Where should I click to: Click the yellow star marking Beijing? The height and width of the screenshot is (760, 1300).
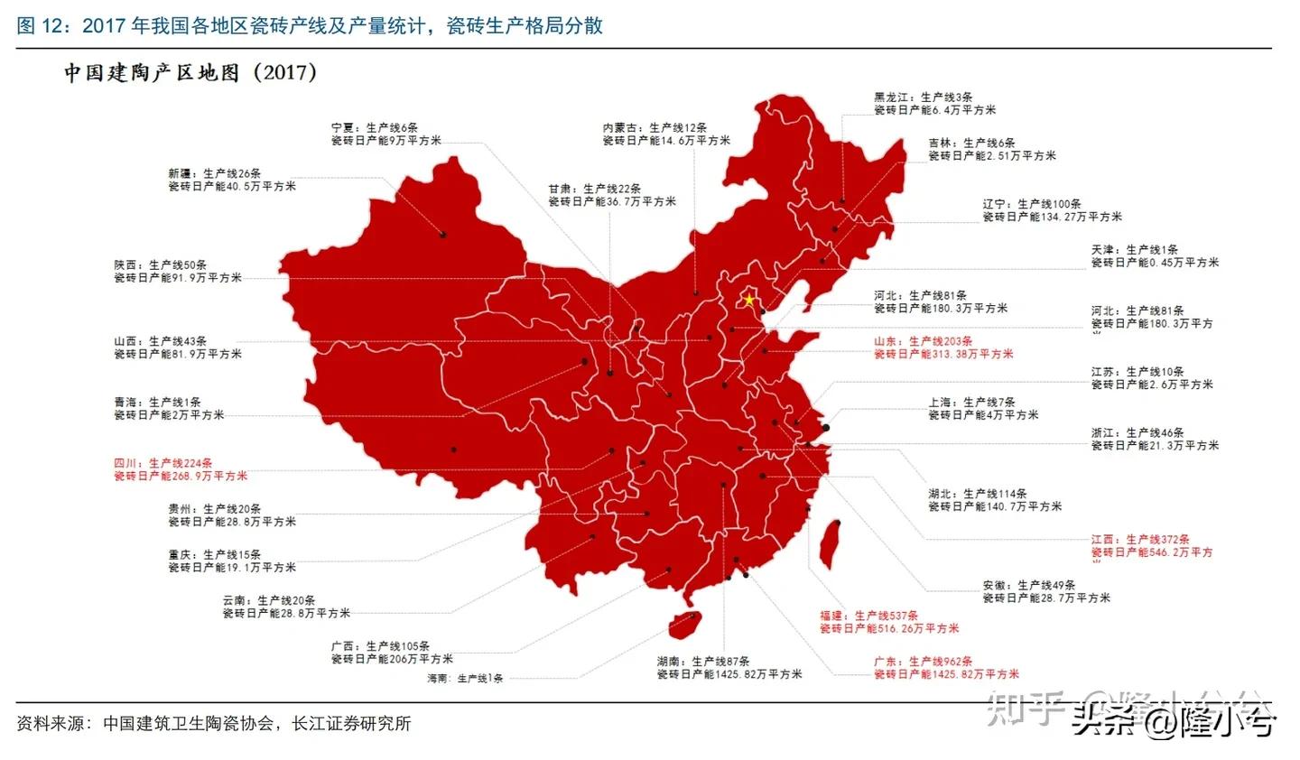[x=748, y=300]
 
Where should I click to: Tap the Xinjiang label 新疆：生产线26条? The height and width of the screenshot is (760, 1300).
[x=215, y=173]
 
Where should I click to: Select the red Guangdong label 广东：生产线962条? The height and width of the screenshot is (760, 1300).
[x=923, y=662]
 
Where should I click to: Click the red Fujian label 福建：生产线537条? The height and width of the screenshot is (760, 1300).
[x=868, y=616]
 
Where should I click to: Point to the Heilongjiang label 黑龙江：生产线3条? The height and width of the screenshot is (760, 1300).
[x=923, y=97]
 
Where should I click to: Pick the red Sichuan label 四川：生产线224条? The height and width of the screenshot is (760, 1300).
[x=162, y=463]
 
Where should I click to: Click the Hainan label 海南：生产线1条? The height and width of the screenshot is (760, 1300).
[x=465, y=678]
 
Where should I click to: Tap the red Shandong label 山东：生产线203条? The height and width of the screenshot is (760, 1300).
[x=923, y=341]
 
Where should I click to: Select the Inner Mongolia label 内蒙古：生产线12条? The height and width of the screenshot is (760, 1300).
[x=655, y=127]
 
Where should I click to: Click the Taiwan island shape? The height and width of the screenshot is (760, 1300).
[x=829, y=543]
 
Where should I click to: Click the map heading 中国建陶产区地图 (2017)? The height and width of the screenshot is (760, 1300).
[x=190, y=73]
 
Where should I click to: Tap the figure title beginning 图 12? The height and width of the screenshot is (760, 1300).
[x=310, y=25]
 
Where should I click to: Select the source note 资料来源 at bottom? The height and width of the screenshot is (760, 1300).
[x=214, y=723]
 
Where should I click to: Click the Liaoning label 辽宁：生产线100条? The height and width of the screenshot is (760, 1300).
[x=1032, y=204]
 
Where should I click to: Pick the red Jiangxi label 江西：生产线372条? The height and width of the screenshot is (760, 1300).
[x=1139, y=539]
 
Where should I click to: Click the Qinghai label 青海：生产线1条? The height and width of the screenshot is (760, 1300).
[x=157, y=403]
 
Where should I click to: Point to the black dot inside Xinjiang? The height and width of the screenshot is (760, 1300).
[x=443, y=235]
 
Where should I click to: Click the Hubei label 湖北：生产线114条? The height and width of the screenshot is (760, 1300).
[x=977, y=494]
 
